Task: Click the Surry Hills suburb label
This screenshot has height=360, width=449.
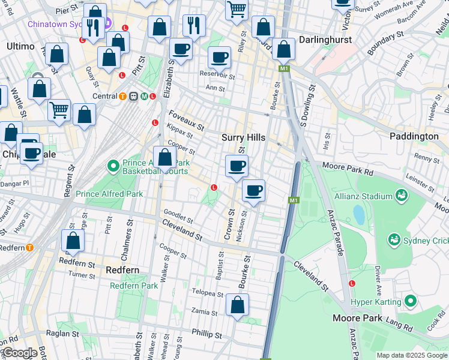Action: pyautogui.click(x=243, y=137)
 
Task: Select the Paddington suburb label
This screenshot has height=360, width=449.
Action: pyautogui.click(x=414, y=136)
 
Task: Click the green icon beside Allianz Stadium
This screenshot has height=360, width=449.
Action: pyautogui.click(x=401, y=195)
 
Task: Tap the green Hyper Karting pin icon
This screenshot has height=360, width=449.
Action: pyautogui.click(x=411, y=300)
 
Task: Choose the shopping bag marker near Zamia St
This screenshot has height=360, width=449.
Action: pyautogui.click(x=238, y=305)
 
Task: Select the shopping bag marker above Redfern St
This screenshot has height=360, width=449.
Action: pyautogui.click(x=73, y=241)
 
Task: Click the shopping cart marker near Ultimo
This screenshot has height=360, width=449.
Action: pyautogui.click(x=59, y=110)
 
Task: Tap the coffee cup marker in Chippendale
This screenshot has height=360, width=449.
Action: pyautogui.click(x=32, y=153)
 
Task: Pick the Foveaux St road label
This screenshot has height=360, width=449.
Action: pyautogui.click(x=187, y=120)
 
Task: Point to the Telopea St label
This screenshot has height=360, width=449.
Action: pyautogui.click(x=207, y=295)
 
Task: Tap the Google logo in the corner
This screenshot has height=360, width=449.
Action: pyautogui.click(x=20, y=353)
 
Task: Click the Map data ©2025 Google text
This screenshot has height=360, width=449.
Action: pyautogui.click(x=412, y=355)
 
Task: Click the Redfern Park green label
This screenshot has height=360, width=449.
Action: pyautogui.click(x=134, y=286)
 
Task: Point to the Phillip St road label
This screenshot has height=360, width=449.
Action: pyautogui.click(x=207, y=333)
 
